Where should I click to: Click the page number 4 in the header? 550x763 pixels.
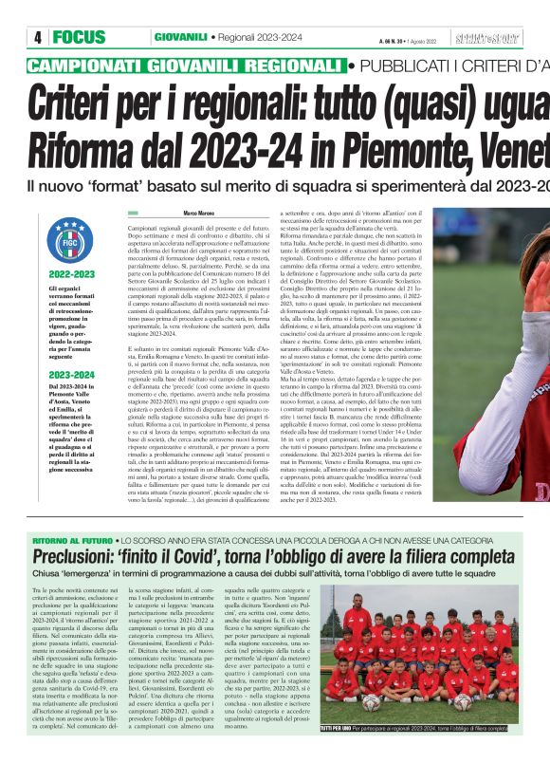pyautogui.click(x=38, y=37)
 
